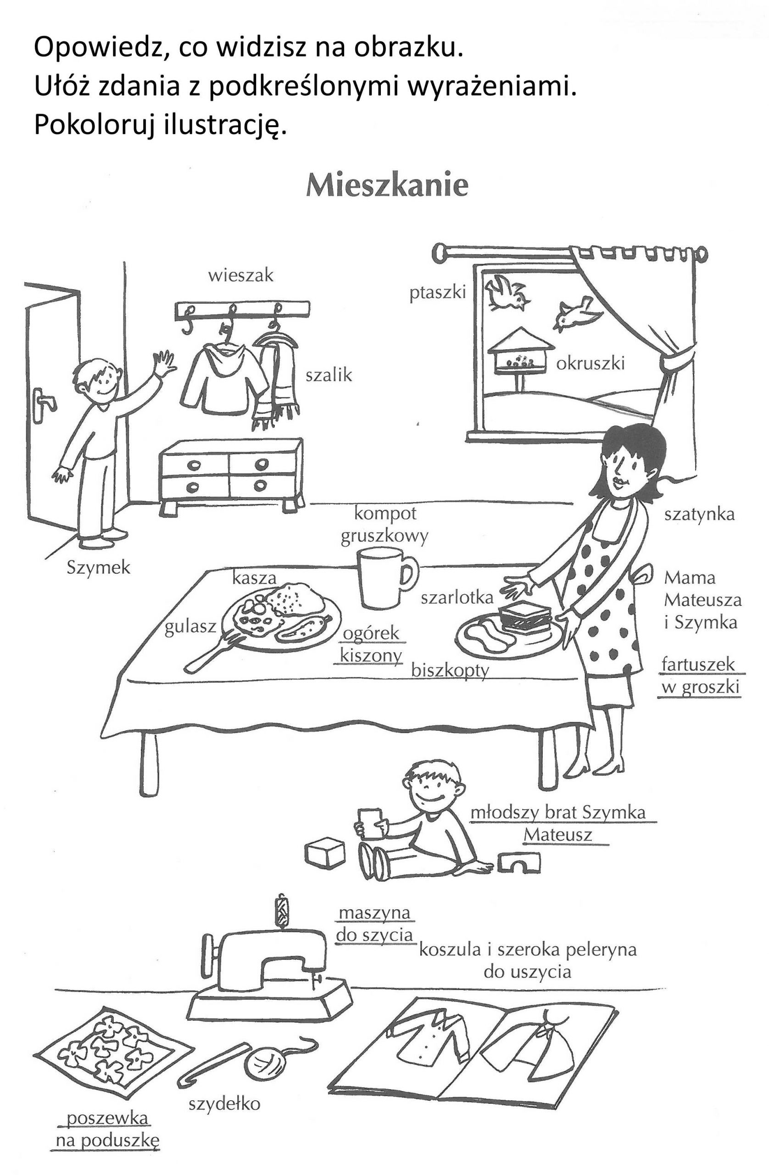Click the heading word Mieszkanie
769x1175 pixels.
tap(386, 186)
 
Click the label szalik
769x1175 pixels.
tap(329, 375)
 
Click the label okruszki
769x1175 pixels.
tap(591, 364)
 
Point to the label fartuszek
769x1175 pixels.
tap(698, 665)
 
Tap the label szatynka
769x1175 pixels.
tap(699, 515)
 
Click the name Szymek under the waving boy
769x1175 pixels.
tap(98, 568)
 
